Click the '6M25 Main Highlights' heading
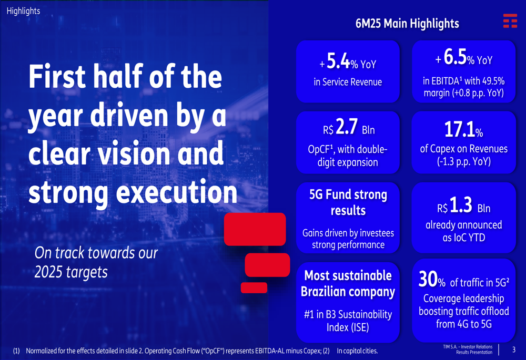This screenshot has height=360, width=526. point(407,24)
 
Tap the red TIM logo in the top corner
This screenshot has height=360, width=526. point(510,21)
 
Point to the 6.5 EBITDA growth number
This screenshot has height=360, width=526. point(456,58)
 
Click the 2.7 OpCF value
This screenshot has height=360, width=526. point(347,128)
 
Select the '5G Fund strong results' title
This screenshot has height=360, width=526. point(348,202)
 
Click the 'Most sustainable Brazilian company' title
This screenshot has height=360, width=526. point(348,283)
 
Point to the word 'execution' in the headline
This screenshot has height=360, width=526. point(176,192)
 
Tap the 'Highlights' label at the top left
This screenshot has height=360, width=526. point(23,11)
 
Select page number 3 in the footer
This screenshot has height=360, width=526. point(514,349)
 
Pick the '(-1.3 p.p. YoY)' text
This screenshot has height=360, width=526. point(463,162)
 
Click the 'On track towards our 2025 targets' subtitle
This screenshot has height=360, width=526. point(96,262)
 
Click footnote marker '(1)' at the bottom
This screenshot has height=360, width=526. point(16,351)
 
